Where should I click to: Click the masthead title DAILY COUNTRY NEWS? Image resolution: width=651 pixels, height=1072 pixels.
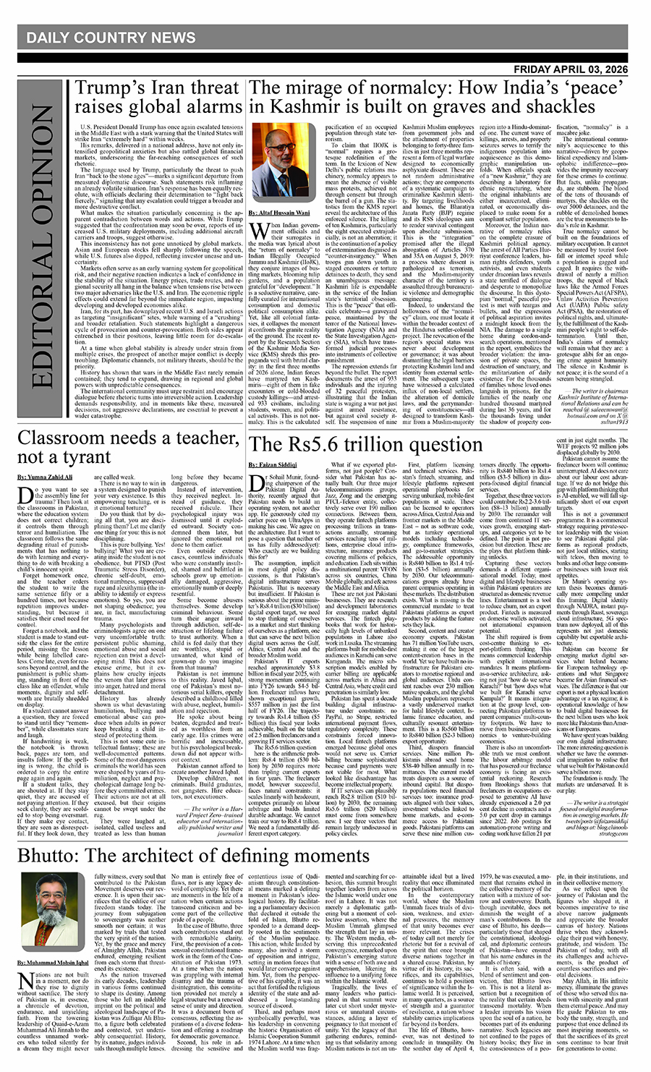click(111, 38)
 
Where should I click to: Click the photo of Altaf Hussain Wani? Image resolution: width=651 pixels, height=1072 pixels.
click(276, 163)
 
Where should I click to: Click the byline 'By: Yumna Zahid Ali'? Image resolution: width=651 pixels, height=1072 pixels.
click(45, 477)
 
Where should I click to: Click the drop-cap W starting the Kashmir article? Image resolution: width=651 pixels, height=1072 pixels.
click(257, 232)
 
